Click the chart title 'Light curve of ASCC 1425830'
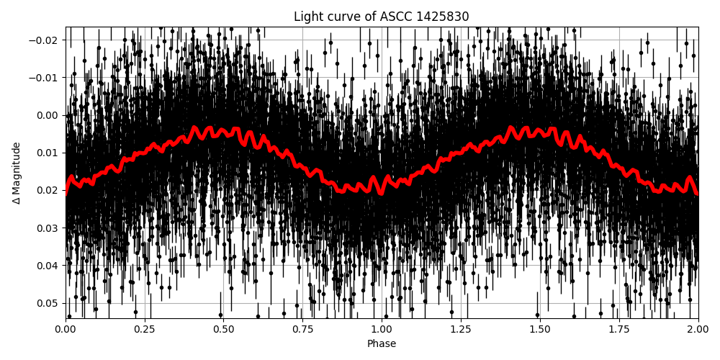[382, 17]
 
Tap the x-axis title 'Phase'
[382, 344]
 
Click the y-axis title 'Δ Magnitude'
[16, 173]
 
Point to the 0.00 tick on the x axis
[66, 330]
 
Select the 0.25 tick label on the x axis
[145, 330]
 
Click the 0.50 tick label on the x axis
[224, 330]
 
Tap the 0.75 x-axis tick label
[302, 330]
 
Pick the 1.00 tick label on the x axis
[382, 330]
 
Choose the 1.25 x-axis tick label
[461, 330]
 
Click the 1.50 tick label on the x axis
[540, 330]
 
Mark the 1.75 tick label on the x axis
[619, 330]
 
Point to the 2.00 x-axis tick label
[698, 330]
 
